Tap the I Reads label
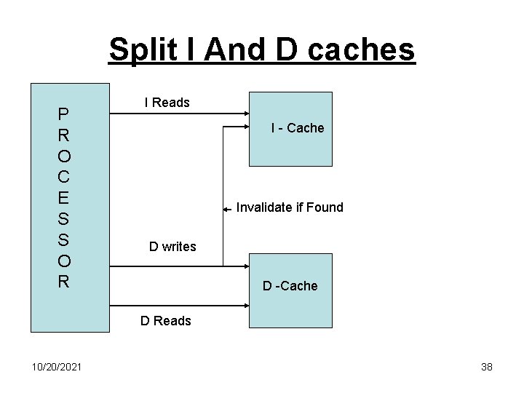(x=167, y=103)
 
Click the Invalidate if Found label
(x=290, y=207)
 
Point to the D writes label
(x=172, y=247)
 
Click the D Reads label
(x=166, y=321)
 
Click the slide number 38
(x=487, y=367)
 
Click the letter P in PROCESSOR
(x=64, y=114)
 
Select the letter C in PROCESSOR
(x=64, y=176)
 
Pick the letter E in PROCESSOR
(x=64, y=197)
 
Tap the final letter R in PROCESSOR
(x=64, y=282)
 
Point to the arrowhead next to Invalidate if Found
(x=226, y=210)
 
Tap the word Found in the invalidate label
(x=325, y=207)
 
